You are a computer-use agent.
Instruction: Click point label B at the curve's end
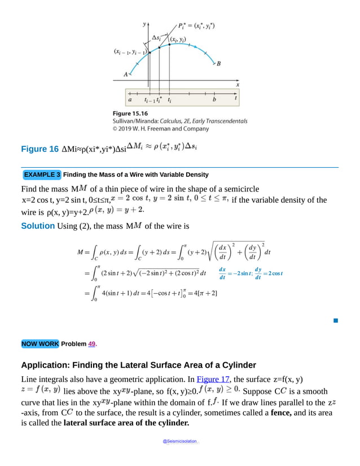(219, 64)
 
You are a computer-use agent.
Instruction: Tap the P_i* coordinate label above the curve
(196, 26)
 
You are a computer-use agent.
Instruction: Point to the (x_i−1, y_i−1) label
(130, 52)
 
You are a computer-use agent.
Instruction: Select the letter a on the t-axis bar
(130, 99)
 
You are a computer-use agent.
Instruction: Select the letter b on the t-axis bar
(214, 99)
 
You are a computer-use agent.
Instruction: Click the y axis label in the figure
(144, 24)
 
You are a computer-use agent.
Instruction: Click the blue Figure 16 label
(39, 149)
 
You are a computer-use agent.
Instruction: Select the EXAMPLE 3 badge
(42, 175)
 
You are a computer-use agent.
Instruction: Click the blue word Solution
(38, 226)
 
